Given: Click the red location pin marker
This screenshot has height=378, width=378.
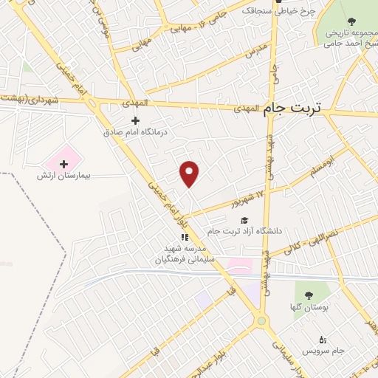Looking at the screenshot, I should click(x=190, y=173).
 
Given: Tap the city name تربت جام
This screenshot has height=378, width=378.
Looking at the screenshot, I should click(x=293, y=108).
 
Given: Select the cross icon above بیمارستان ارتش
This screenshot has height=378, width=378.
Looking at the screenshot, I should click(x=63, y=163).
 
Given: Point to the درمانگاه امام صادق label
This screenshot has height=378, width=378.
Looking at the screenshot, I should click(x=135, y=131).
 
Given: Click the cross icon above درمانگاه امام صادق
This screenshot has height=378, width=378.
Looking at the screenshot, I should click(x=135, y=120).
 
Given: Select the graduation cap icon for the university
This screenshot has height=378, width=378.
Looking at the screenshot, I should click(x=244, y=220).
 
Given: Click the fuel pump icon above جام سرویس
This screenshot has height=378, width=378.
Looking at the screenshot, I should click(x=322, y=340).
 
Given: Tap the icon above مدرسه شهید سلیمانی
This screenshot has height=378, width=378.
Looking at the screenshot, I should click(x=185, y=238).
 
